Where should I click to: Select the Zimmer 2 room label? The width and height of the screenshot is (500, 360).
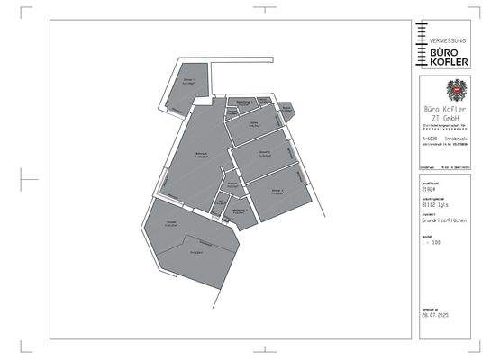(265, 153)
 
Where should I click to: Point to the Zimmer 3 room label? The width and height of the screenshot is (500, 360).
(277, 192)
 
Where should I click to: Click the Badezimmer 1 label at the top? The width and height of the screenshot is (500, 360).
(242, 103)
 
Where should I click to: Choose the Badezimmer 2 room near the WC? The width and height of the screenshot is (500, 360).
(238, 211)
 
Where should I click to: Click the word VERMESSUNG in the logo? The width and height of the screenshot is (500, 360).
(448, 41)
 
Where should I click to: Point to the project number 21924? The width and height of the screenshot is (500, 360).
(428, 190)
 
